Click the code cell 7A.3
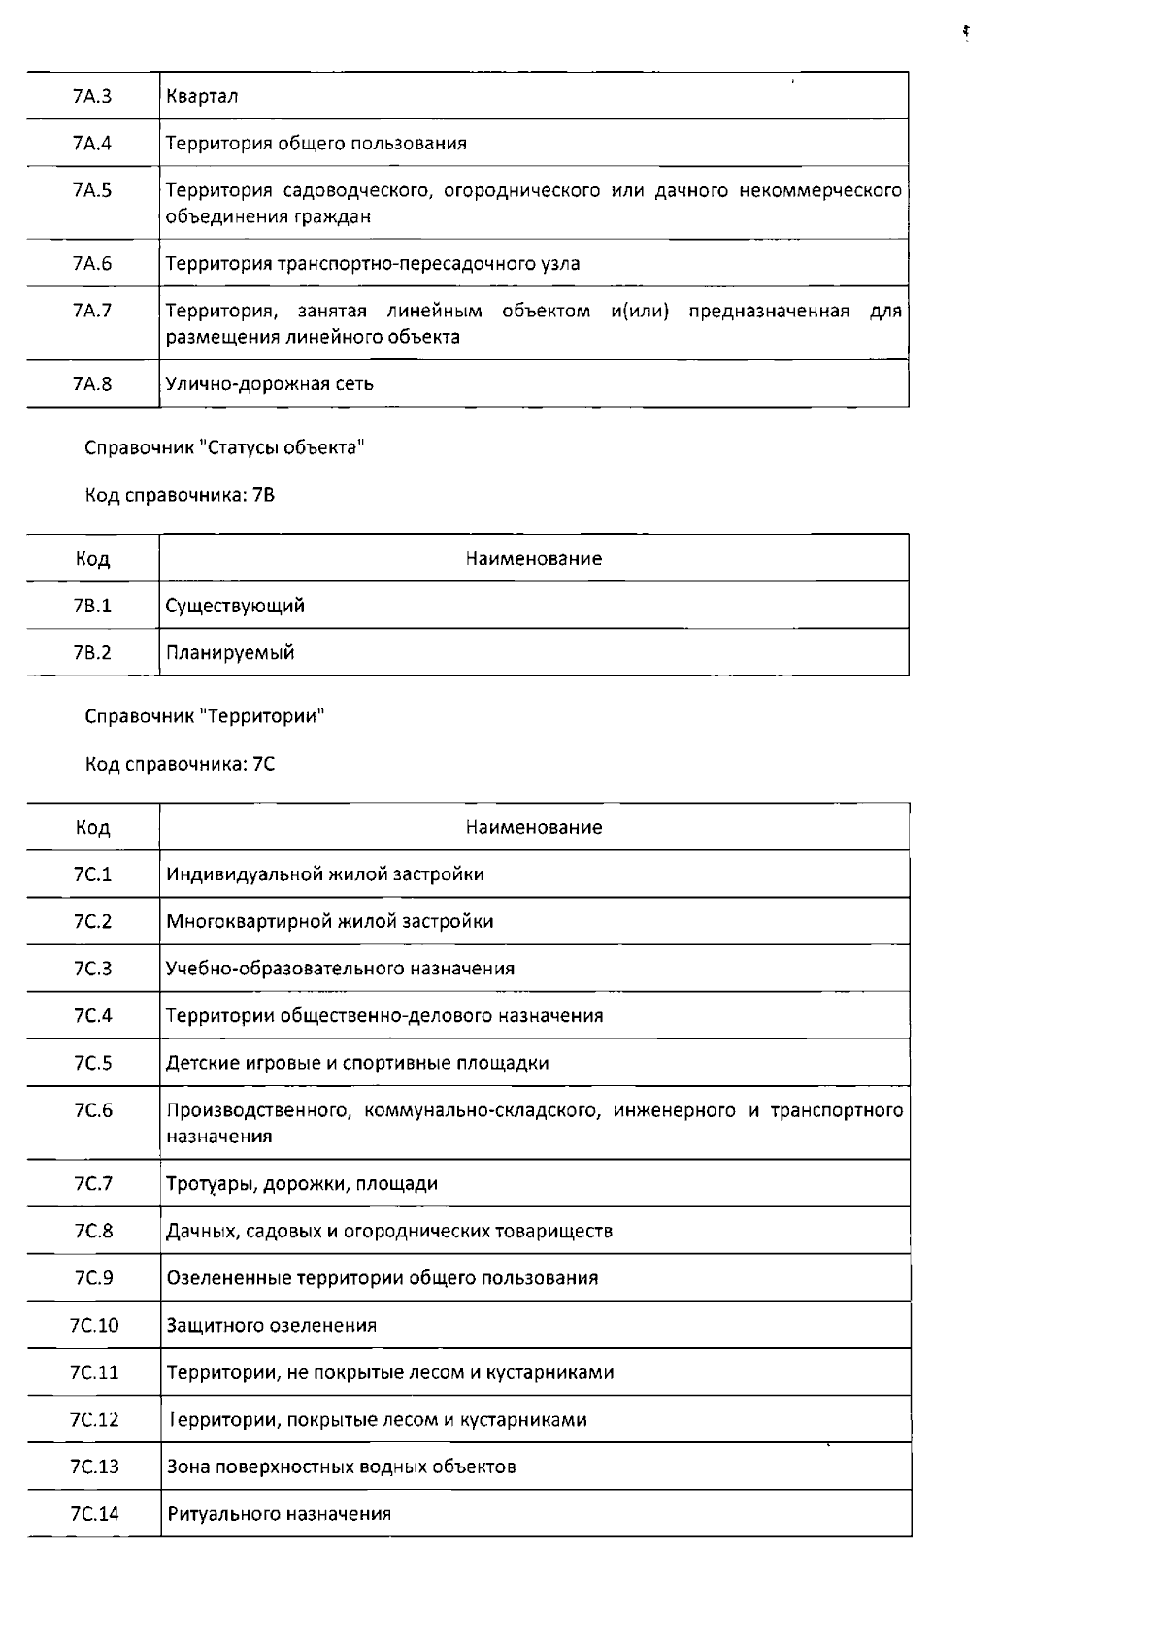[92, 96]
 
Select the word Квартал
[202, 96]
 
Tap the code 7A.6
[92, 263]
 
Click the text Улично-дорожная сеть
[270, 383]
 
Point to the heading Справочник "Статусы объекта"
[224, 447]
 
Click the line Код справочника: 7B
[181, 495]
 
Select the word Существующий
[235, 606]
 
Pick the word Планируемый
[230, 652]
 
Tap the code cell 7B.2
[92, 652]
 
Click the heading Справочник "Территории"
[205, 716]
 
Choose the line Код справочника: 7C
[181, 764]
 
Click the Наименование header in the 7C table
[534, 827]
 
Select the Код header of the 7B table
[92, 559]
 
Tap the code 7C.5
[92, 1063]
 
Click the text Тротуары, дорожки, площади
[302, 1183]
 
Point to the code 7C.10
[94, 1325]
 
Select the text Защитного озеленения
[272, 1325]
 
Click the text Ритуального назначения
[280, 1513]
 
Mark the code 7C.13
[94, 1467]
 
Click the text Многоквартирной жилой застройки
[330, 921]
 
